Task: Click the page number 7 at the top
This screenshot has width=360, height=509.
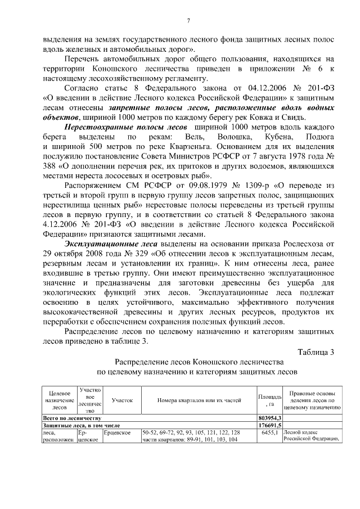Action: pos(188,21)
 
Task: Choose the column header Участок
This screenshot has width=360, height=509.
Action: pos(121,400)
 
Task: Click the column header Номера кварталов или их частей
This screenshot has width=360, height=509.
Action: pos(198,400)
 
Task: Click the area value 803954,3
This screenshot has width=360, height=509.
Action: pos(270,418)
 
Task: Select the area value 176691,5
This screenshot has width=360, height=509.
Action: pos(270,425)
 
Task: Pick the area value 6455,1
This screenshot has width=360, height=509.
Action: pos(270,433)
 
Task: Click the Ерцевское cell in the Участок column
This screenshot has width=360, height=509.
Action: pos(118,433)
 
